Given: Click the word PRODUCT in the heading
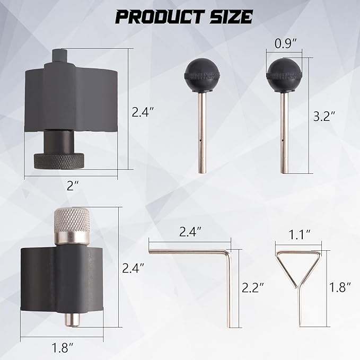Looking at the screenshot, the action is click(160, 17).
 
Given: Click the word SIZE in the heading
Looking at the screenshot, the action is click(231, 17).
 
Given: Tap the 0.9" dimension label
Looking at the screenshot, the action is click(286, 43).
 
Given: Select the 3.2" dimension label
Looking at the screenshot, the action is click(324, 116).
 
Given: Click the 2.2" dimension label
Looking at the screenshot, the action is click(252, 287).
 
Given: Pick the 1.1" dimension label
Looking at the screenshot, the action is click(300, 235).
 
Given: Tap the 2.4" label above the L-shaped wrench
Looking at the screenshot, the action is click(190, 232).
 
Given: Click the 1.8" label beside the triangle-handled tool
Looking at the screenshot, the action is click(340, 287).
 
